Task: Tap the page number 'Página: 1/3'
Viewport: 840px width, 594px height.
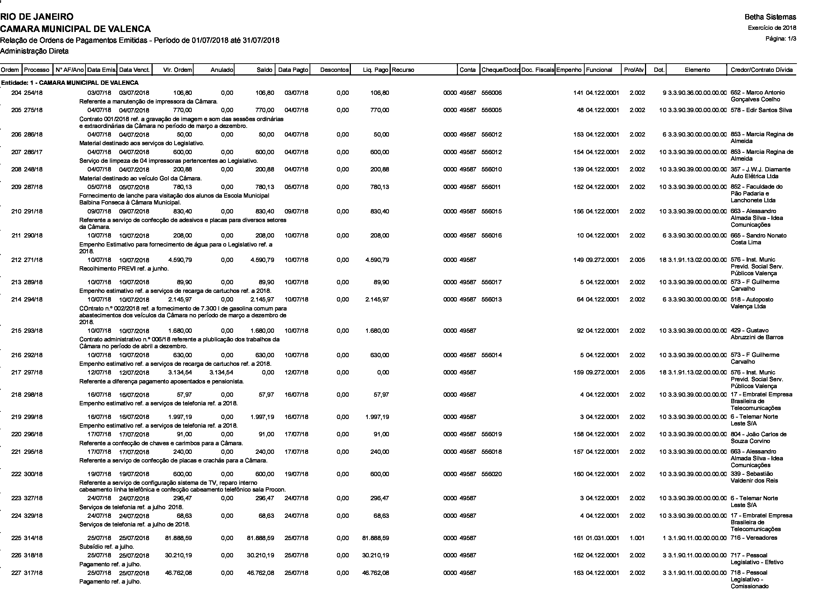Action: (x=781, y=39)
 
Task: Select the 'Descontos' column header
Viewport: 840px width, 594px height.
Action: (x=335, y=70)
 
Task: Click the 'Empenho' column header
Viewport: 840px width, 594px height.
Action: (x=569, y=70)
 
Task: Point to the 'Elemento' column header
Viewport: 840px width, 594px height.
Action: (x=697, y=70)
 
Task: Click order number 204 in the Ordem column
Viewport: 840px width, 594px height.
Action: (x=16, y=93)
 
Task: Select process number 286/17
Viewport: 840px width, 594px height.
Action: (x=33, y=152)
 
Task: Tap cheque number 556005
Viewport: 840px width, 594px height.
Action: (x=492, y=110)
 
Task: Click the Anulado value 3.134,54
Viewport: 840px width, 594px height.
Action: (x=221, y=373)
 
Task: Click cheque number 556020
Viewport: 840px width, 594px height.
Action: (x=492, y=474)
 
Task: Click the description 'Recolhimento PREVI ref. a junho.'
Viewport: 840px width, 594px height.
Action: (x=124, y=269)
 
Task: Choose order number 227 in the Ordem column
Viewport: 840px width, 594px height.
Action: (x=16, y=573)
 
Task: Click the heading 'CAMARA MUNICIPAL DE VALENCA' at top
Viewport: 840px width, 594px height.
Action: (x=75, y=28)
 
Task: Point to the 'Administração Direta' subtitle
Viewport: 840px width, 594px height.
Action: (x=34, y=51)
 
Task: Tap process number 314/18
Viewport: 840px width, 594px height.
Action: (x=33, y=538)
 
